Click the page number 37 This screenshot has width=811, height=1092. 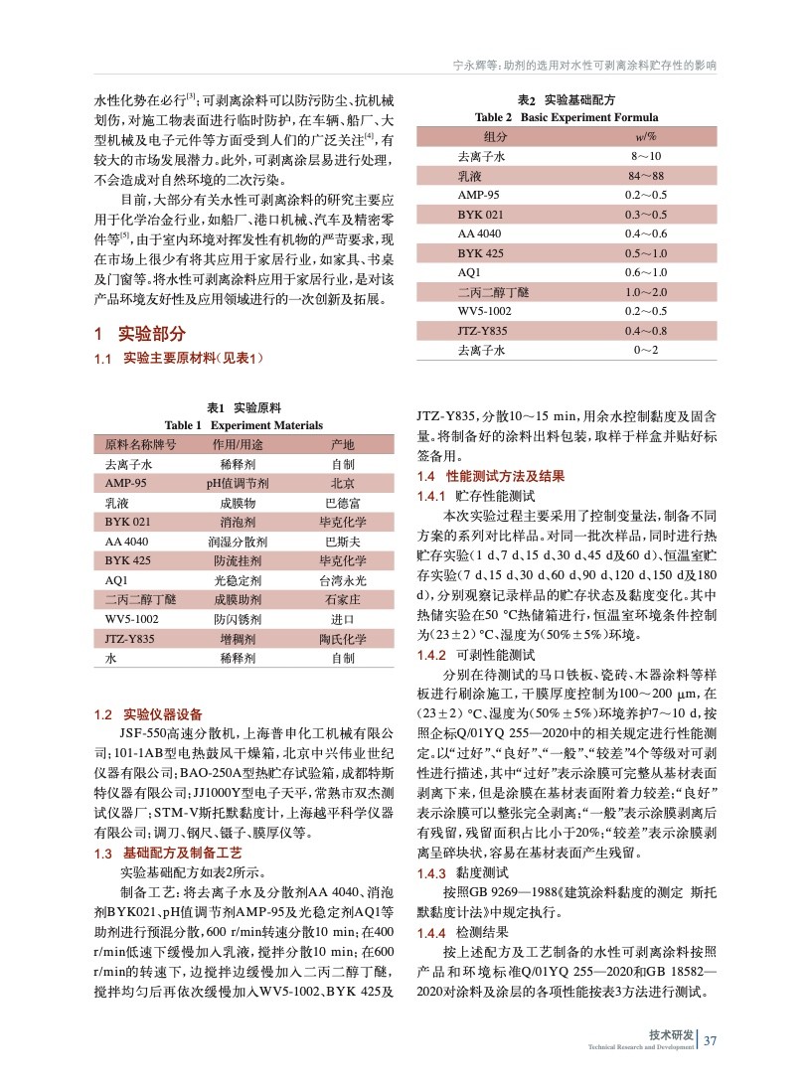coord(710,1041)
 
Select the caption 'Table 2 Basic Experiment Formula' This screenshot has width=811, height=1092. coord(567,117)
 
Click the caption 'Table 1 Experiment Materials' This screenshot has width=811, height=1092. coord(243,425)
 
